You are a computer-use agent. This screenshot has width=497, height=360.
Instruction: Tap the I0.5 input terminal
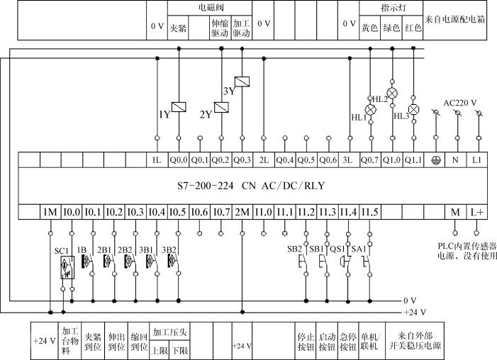tap(177, 212)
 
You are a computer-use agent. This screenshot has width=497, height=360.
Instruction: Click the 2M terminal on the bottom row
tap(242, 212)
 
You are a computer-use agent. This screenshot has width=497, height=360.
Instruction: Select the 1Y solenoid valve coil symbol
tap(179, 108)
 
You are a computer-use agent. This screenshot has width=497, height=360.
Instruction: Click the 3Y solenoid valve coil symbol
tap(242, 81)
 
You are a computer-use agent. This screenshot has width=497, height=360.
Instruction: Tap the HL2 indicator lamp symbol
tap(391, 93)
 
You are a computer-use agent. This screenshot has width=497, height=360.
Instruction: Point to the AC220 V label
tap(459, 103)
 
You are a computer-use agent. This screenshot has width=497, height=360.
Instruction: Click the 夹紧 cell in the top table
tap(178, 28)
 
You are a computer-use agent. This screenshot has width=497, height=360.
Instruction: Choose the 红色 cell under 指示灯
tap(412, 28)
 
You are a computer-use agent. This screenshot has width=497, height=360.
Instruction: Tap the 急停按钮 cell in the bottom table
tap(349, 342)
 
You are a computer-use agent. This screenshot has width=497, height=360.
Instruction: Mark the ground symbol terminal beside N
tap(435, 160)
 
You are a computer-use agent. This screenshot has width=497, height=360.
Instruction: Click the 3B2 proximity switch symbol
tap(172, 260)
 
